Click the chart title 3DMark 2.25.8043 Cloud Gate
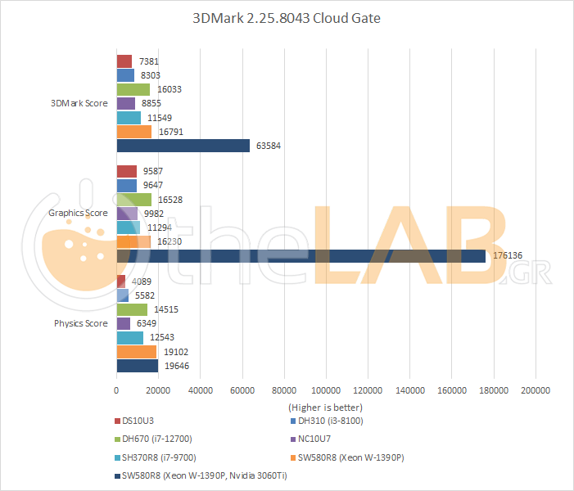[287, 18]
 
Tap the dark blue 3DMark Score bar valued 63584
[183, 146]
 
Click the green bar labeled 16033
[133, 89]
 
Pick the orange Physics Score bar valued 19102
[137, 352]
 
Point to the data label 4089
[141, 282]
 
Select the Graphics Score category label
[79, 213]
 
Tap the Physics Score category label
[81, 323]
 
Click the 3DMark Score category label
[79, 103]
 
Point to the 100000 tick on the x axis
[327, 390]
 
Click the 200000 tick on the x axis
[536, 390]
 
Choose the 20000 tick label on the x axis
[158, 390]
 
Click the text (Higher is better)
[325, 407]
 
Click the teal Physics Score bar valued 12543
[130, 338]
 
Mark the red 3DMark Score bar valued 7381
[124, 61]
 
